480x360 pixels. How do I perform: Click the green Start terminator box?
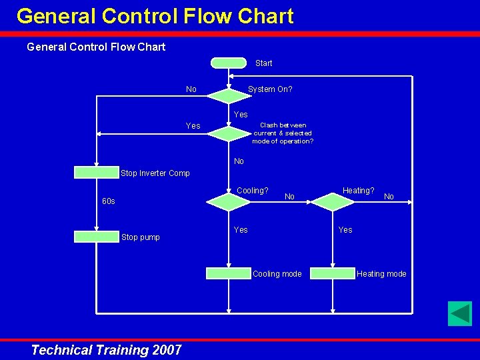[x=228, y=63]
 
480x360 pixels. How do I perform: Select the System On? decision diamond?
[x=228, y=95]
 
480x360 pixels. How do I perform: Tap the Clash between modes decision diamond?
[x=228, y=134]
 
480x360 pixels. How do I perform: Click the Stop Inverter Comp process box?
[x=96, y=173]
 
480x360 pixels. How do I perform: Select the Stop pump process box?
[x=96, y=236]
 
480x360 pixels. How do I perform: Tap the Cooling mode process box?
[x=228, y=273]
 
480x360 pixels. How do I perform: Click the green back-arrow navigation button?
[x=459, y=313]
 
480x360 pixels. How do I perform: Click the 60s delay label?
[x=108, y=201]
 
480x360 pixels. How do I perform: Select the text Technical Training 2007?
[x=106, y=350]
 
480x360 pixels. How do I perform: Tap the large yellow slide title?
[x=155, y=16]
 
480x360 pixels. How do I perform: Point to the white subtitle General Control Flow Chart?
[x=96, y=47]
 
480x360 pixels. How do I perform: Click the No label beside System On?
[x=191, y=89]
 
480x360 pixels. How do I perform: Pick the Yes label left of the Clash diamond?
[x=193, y=126]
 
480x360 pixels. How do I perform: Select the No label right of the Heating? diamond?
[x=389, y=197]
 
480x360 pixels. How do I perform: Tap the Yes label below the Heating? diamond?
[x=345, y=230]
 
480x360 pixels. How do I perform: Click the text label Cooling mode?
[x=277, y=274]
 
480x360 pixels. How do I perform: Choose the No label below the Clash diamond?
[x=239, y=161]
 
